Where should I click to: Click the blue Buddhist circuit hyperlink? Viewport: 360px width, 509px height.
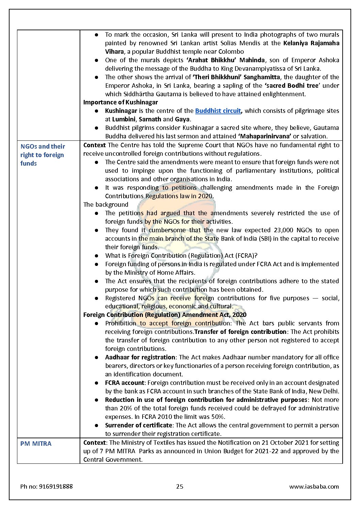pyautogui.click(x=218, y=111)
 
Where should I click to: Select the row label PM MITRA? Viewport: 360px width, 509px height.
pyautogui.click(x=36, y=444)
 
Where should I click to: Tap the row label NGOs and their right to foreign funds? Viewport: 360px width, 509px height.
pyautogui.click(x=43, y=155)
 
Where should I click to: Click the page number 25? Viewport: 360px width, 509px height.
pyautogui.click(x=180, y=487)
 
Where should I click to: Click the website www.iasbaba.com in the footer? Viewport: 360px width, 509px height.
pyautogui.click(x=314, y=487)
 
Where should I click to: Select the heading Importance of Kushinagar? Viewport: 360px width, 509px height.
pyautogui.click(x=120, y=102)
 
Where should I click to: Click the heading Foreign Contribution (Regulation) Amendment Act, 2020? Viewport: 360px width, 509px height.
pyautogui.click(x=165, y=315)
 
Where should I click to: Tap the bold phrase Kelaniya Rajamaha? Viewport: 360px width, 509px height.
pyautogui.click(x=311, y=43)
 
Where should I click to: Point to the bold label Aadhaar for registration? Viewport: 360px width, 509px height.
pyautogui.click(x=140, y=357)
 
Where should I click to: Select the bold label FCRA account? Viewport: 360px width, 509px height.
pyautogui.click(x=125, y=383)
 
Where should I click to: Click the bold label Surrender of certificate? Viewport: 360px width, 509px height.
pyautogui.click(x=138, y=425)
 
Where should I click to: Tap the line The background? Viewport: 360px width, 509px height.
pyautogui.click(x=106, y=205)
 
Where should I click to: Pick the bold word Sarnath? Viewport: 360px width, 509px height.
pyautogui.click(x=150, y=119)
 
